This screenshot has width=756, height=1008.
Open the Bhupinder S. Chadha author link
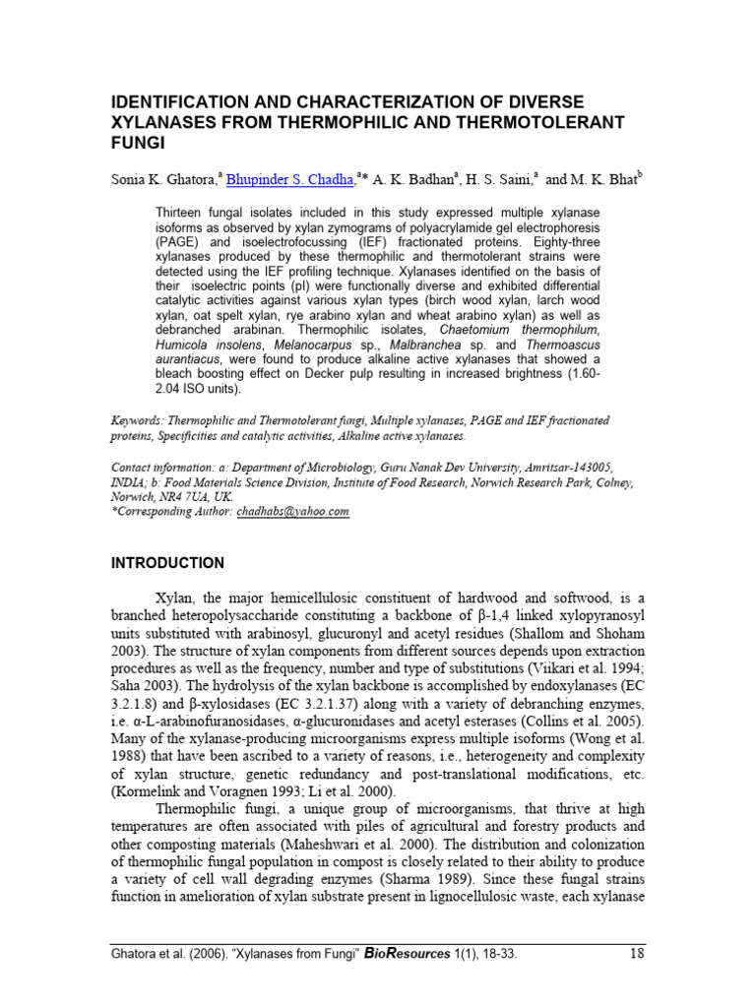coord(289,179)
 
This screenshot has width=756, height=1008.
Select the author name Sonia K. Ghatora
coord(162,179)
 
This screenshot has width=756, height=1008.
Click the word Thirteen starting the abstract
coord(183,212)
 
